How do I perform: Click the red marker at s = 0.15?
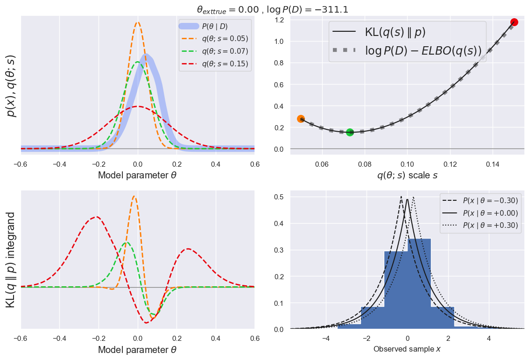[514, 22]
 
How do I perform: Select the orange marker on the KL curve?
[301, 119]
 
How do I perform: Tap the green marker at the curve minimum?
[350, 133]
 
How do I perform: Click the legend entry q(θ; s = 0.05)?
[215, 38]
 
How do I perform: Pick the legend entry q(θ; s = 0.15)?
[215, 64]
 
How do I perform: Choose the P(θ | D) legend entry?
[215, 26]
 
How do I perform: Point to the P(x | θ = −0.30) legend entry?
[480, 200]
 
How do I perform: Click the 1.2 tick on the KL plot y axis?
[280, 20]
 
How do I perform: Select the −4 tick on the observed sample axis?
[326, 338]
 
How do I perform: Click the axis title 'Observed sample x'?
[407, 349]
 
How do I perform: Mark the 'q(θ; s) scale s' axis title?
[407, 176]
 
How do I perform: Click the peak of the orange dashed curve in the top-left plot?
[138, 22]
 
